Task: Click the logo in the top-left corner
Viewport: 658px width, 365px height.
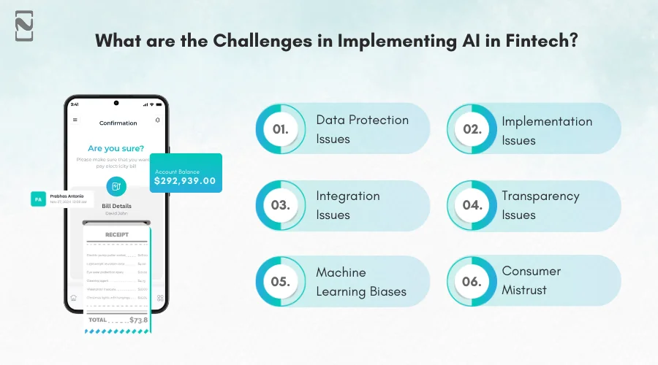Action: (25, 26)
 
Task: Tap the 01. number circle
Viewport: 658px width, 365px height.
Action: (280, 129)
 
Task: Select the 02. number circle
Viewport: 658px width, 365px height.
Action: (472, 129)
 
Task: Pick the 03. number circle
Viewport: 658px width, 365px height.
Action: (280, 205)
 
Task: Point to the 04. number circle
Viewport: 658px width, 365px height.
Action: (472, 205)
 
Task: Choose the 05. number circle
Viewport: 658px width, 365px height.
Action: (280, 281)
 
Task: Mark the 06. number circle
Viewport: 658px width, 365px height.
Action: (472, 281)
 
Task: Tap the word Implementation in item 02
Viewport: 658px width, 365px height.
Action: (547, 121)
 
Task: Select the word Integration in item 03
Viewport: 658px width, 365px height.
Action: (348, 196)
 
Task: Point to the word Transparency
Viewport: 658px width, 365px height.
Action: (540, 196)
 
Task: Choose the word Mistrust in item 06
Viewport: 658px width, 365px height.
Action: (524, 290)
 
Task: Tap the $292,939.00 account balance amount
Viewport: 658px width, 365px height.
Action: (185, 180)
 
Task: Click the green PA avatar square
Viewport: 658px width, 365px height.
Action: (38, 198)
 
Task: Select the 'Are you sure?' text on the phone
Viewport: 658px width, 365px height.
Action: (116, 147)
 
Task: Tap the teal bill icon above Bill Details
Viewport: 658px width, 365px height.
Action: (116, 186)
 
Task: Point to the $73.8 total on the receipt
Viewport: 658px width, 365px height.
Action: (137, 320)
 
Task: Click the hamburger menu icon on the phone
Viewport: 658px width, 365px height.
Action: (75, 120)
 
